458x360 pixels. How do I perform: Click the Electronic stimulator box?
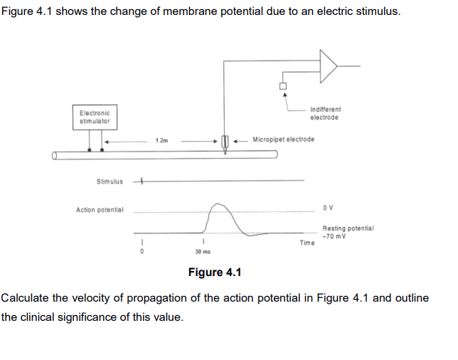pyautogui.click(x=95, y=117)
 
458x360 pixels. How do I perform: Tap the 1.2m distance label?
pyautogui.click(x=161, y=141)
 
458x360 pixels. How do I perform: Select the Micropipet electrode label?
pyautogui.click(x=283, y=139)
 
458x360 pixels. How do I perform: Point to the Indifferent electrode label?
pyautogui.click(x=326, y=113)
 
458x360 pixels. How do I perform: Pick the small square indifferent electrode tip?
pyautogui.click(x=283, y=87)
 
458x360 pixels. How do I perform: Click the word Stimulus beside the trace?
pyautogui.click(x=109, y=181)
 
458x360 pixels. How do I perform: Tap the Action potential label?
pyautogui.click(x=100, y=210)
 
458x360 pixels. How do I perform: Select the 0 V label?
pyautogui.click(x=328, y=208)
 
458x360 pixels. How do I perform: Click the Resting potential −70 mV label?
pyautogui.click(x=348, y=232)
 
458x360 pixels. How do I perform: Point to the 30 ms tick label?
pyautogui.click(x=203, y=251)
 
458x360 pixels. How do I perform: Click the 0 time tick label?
pyautogui.click(x=142, y=251)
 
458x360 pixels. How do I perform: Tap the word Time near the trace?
pyautogui.click(x=307, y=243)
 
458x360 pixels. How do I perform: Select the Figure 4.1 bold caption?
pyautogui.click(x=215, y=272)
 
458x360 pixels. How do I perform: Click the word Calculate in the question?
pyautogui.click(x=26, y=297)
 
